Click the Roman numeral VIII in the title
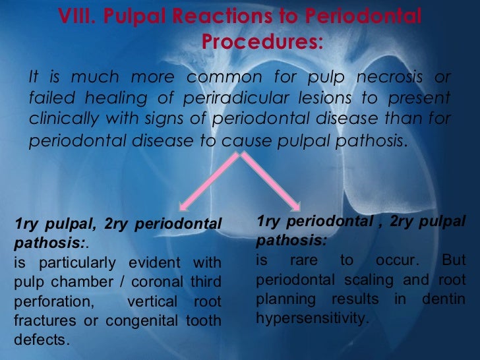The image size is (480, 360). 74,17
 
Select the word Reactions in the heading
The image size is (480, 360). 220,17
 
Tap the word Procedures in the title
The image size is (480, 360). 261,42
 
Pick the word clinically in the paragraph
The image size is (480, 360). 61,119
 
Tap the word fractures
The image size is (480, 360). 38,322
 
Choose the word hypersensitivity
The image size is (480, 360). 309,318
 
